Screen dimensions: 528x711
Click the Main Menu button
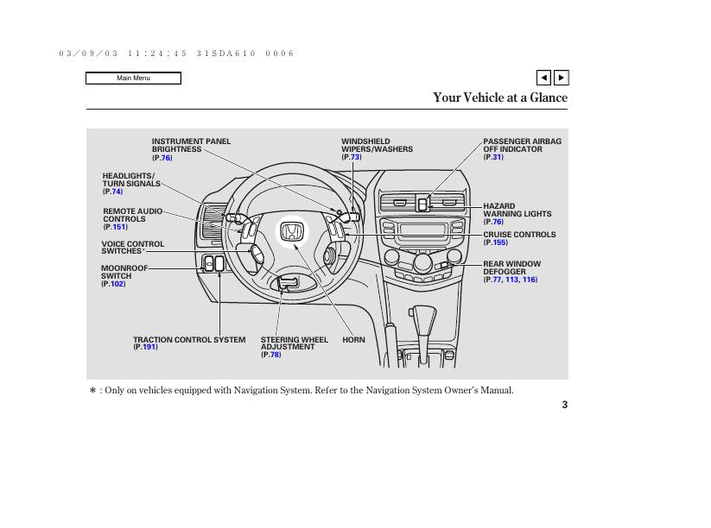[x=133, y=79]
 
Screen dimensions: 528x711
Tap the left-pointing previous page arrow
[x=543, y=78]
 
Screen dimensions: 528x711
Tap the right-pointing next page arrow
[x=561, y=78]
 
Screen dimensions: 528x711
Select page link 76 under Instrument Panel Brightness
[x=166, y=158]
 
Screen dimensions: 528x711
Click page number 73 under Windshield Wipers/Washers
[x=355, y=157]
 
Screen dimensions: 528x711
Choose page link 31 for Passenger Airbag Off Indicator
[x=497, y=157]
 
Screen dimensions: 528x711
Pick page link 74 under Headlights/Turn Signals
[x=117, y=192]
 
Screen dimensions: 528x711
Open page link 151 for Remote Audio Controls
[x=118, y=227]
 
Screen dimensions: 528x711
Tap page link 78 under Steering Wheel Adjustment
[x=274, y=355]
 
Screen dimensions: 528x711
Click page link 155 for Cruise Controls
[x=499, y=242]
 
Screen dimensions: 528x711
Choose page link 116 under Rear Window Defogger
[x=529, y=280]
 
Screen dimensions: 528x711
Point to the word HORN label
[x=353, y=340]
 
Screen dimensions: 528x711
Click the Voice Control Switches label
[x=132, y=248]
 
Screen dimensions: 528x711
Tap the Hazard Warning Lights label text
[x=517, y=211]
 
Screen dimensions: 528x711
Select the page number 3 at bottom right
[x=565, y=405]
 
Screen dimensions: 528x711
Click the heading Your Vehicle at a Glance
[x=500, y=97]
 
